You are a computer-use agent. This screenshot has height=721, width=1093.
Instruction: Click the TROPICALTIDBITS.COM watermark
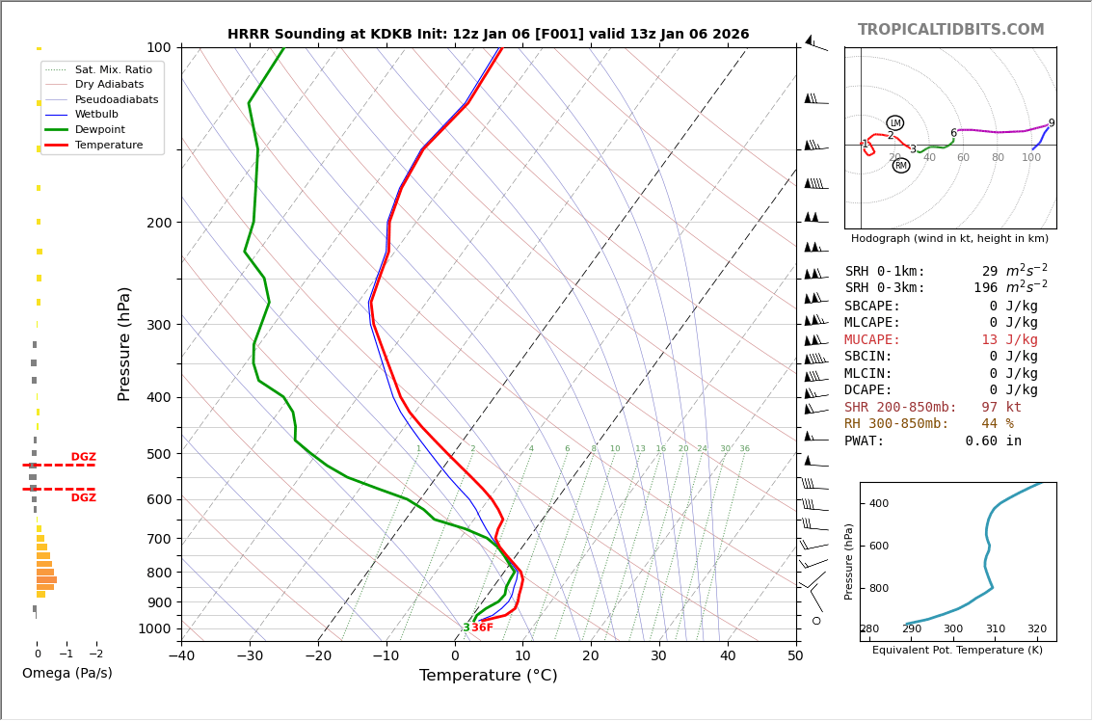coord(950,30)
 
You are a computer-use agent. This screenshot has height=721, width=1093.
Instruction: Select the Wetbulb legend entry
coord(96,114)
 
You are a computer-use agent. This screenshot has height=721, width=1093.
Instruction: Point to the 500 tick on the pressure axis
coord(158,454)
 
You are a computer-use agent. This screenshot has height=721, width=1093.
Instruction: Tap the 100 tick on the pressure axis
coord(158,47)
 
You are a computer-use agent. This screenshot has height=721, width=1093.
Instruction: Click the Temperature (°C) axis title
coord(488,676)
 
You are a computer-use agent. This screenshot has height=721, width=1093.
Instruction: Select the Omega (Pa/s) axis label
coord(67,673)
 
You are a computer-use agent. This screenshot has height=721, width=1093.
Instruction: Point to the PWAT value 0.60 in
coord(993,441)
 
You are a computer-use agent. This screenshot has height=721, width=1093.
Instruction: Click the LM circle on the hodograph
coord(894,123)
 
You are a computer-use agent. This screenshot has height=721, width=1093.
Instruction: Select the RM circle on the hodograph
coord(900,166)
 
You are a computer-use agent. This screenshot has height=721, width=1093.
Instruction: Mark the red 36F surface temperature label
coord(482,628)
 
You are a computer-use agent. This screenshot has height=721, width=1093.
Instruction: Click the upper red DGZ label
coord(83,457)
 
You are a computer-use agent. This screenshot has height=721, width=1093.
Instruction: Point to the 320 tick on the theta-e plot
coord(1036,629)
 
